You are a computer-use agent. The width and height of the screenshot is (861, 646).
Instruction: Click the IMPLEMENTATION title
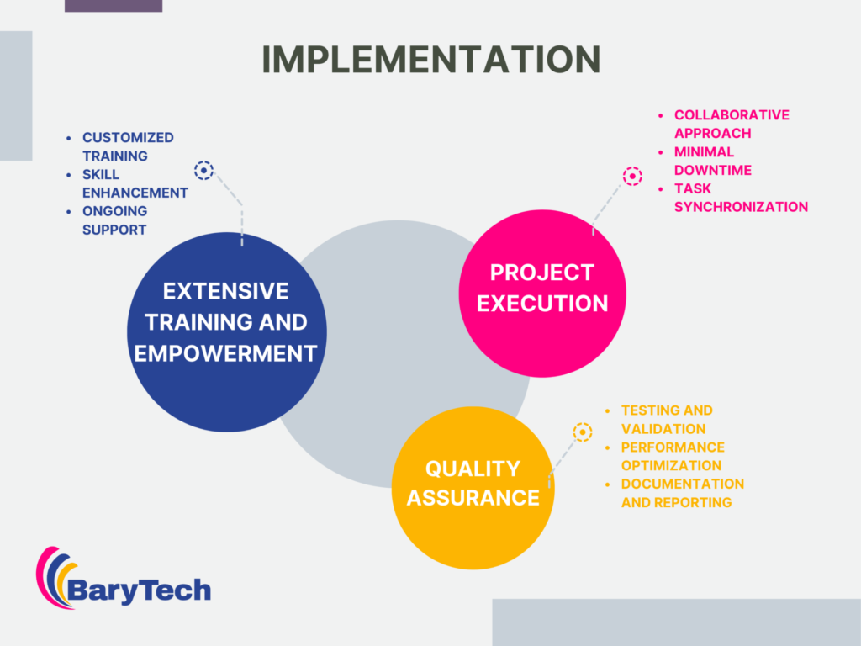(431, 59)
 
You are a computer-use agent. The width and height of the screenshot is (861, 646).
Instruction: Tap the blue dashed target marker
(203, 170)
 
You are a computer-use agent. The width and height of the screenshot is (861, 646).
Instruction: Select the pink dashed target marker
(632, 177)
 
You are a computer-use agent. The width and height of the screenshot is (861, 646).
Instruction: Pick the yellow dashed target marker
(583, 432)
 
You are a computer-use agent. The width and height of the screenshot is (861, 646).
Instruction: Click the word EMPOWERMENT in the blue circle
(225, 353)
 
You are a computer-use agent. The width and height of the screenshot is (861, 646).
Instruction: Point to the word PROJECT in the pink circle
(542, 273)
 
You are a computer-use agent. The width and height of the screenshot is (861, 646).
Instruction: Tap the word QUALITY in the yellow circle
(473, 469)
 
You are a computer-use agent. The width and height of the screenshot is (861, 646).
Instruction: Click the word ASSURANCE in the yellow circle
(473, 498)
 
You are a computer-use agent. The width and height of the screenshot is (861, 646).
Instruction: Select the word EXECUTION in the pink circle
(542, 303)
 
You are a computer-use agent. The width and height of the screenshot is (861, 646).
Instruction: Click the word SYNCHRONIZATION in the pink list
(742, 207)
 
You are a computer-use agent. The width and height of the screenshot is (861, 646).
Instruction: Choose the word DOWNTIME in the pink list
(713, 170)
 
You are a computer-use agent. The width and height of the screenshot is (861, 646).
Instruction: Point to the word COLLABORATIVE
(732, 114)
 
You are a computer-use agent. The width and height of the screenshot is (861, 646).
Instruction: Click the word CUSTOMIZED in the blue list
(128, 137)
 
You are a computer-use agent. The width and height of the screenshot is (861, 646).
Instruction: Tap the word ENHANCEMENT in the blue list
(135, 193)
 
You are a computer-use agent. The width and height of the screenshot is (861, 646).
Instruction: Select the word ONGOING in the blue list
(114, 211)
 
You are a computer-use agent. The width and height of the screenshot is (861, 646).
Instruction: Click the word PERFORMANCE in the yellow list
(673, 447)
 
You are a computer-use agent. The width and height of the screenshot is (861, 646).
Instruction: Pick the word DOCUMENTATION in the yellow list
(683, 484)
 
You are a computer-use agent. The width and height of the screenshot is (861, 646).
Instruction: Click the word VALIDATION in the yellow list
(663, 428)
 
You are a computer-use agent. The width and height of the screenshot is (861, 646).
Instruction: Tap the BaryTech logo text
(139, 590)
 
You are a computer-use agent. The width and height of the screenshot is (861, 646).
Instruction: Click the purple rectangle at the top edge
(114, 6)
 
